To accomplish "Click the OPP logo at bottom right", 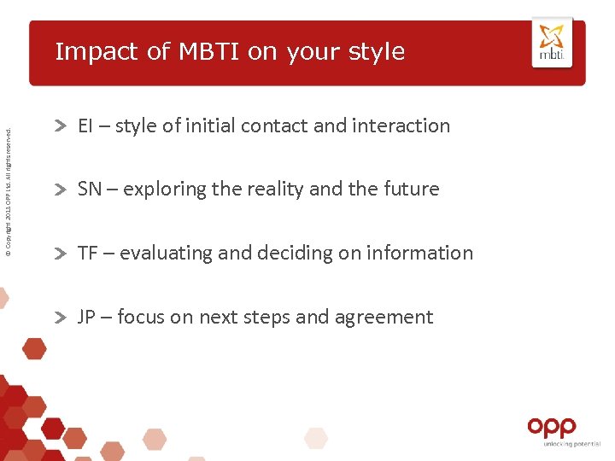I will click(552, 426).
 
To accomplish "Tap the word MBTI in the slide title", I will click(209, 51).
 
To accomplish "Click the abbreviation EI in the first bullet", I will click(85, 125).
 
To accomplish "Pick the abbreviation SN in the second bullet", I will click(89, 189).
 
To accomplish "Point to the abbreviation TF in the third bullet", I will click(87, 253).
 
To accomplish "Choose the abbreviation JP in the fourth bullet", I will click(87, 317).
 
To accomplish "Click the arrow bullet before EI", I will click(61, 126).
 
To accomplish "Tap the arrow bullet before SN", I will click(61, 190).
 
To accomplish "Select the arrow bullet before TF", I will click(61, 254).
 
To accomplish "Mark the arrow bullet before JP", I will click(61, 318).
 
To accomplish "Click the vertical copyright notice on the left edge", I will click(9, 191).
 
